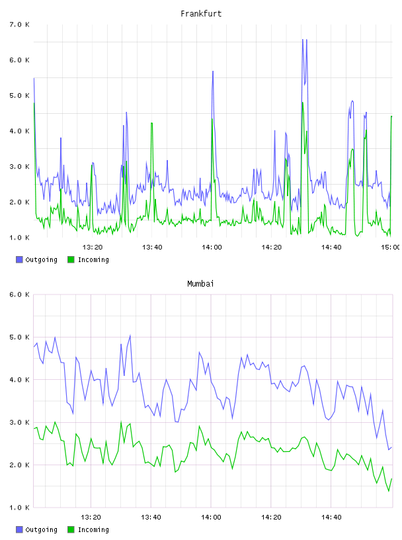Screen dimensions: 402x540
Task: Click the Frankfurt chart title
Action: point(201,14)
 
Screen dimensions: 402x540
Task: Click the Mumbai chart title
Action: point(200,284)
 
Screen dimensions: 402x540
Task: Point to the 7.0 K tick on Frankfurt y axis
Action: point(19,24)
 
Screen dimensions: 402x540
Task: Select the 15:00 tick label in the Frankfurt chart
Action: point(391,247)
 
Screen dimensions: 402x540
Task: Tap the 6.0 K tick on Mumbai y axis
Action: point(19,294)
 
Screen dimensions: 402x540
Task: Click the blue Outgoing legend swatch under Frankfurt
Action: point(19,259)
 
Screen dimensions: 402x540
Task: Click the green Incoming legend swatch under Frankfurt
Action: point(71,259)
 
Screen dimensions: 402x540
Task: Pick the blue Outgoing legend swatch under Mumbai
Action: point(19,529)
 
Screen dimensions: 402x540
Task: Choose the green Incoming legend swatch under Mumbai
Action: point(71,529)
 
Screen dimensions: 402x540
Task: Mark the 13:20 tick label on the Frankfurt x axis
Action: point(93,247)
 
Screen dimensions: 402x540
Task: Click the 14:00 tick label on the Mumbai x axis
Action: point(211,517)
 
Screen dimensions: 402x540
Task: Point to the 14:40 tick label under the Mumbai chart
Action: point(331,517)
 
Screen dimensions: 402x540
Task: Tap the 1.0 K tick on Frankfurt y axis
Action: point(19,238)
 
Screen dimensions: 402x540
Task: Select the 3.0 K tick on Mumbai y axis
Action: point(19,423)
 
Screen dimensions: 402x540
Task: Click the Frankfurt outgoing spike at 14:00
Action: point(213,71)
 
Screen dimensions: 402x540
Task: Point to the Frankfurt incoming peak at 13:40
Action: point(151,123)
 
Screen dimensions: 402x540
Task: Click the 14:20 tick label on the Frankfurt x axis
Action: point(272,247)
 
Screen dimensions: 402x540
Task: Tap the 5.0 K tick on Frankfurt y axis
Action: point(19,95)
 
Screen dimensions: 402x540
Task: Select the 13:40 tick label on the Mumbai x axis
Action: point(151,517)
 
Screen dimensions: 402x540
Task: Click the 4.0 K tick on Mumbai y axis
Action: point(19,380)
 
